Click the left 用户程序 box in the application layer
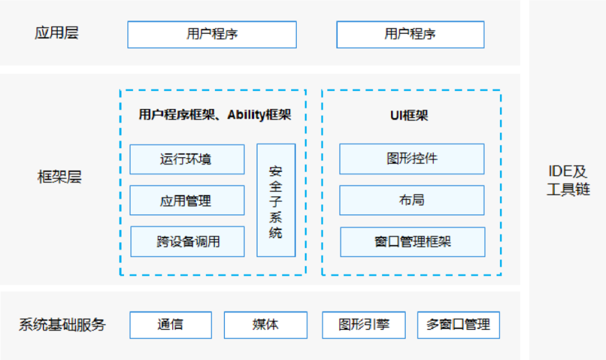(x=212, y=34)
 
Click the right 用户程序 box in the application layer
(x=410, y=34)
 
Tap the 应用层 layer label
(x=56, y=33)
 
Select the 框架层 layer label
(x=59, y=177)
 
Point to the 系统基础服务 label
(x=62, y=325)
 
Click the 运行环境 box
(x=187, y=159)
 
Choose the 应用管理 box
(x=187, y=200)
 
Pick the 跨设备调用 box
(x=187, y=242)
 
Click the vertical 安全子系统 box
(x=276, y=200)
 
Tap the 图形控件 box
(x=411, y=159)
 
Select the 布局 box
(x=411, y=200)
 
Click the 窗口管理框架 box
(x=412, y=242)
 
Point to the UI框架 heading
(x=409, y=116)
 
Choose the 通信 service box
(x=171, y=325)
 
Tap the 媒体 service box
(x=265, y=325)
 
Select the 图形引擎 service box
(x=364, y=325)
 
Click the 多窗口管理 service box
(x=458, y=325)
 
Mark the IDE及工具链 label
(x=568, y=180)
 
